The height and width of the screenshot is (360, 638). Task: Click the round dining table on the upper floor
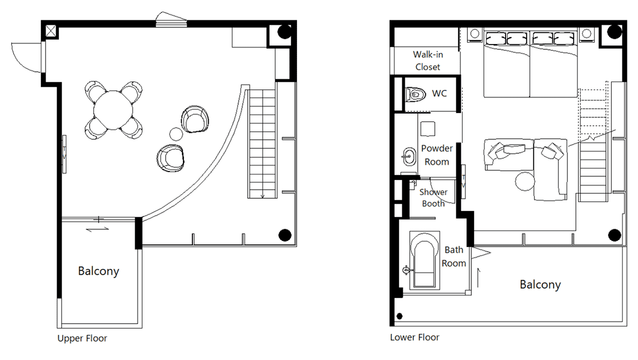click(x=113, y=110)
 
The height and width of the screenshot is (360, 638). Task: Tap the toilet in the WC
click(x=416, y=95)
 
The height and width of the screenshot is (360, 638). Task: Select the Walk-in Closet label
click(x=428, y=61)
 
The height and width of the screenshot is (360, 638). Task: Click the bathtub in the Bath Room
click(x=425, y=260)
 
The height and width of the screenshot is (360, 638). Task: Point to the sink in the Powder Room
click(x=409, y=156)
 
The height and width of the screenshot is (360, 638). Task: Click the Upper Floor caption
click(x=82, y=338)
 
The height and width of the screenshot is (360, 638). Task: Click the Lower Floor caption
click(x=414, y=337)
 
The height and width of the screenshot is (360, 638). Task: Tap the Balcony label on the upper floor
click(x=99, y=271)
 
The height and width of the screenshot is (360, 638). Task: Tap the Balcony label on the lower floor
click(x=540, y=284)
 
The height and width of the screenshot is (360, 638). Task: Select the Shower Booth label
click(x=433, y=198)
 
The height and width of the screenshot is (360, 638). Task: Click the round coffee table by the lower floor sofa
click(x=525, y=182)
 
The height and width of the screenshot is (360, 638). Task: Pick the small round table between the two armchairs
click(x=176, y=134)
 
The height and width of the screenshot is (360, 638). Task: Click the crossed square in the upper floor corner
click(x=51, y=31)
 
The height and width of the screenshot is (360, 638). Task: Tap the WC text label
click(x=439, y=93)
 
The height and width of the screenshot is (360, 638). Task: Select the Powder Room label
click(x=436, y=155)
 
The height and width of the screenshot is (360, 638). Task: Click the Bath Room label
click(x=454, y=257)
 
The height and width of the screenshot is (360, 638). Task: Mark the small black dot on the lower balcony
click(x=399, y=316)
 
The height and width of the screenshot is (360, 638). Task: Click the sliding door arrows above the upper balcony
click(x=98, y=229)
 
